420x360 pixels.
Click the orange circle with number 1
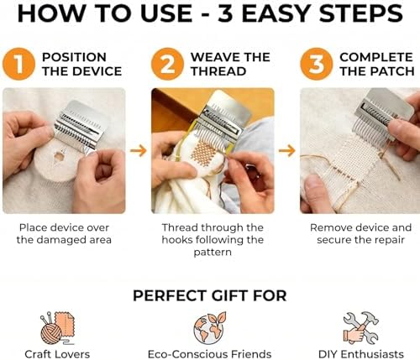click(x=18, y=64)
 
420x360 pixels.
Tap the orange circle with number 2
click(x=167, y=64)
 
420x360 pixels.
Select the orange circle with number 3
click(x=317, y=64)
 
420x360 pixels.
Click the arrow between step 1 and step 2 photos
click(x=139, y=151)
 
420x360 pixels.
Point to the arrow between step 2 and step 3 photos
click(x=287, y=151)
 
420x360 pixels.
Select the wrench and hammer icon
click(x=360, y=328)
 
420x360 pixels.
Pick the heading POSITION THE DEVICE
click(x=81, y=64)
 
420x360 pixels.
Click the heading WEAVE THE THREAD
click(x=230, y=64)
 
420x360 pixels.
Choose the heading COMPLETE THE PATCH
click(x=377, y=64)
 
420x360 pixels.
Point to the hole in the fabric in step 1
click(x=59, y=157)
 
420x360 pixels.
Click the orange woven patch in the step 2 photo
click(x=204, y=153)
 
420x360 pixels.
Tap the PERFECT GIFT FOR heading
click(x=210, y=295)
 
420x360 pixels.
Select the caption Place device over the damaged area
click(x=64, y=233)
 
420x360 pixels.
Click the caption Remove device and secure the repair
click(x=360, y=233)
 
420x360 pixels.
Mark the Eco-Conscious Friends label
click(x=209, y=354)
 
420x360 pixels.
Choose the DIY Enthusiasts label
click(x=360, y=354)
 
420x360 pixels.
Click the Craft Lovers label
click(x=57, y=354)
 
